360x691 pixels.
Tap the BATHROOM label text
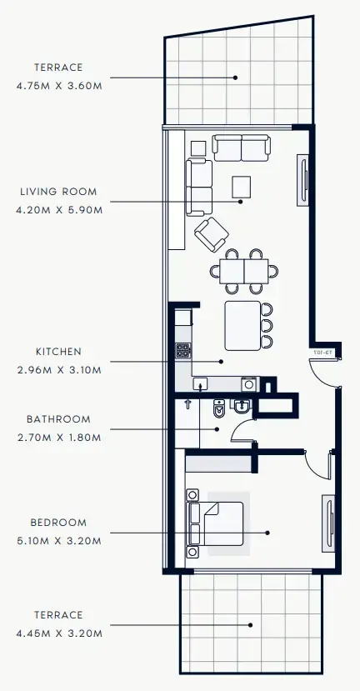tap(58, 419)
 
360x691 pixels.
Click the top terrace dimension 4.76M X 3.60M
tap(58, 85)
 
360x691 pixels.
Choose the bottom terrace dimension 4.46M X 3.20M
tap(58, 633)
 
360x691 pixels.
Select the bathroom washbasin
tap(240, 408)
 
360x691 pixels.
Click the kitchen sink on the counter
tap(201, 383)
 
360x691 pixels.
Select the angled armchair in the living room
tap(212, 233)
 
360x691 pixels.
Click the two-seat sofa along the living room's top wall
tap(241, 148)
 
